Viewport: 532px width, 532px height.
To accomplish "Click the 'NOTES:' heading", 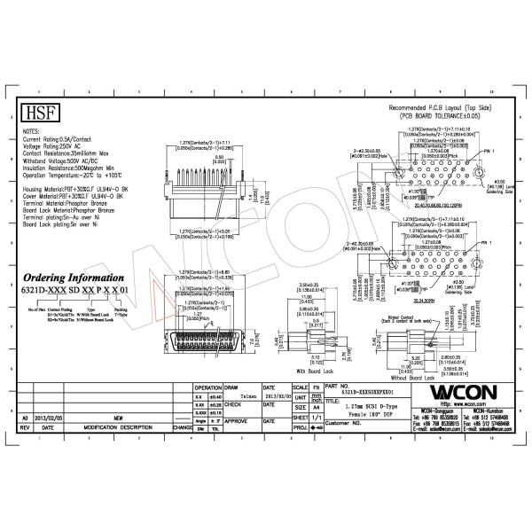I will [31, 131].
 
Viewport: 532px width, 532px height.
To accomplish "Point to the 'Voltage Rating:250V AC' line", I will [55, 146].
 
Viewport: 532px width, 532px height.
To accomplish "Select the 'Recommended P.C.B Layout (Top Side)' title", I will [445, 107].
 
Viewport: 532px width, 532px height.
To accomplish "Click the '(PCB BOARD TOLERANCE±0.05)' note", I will [445, 115].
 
